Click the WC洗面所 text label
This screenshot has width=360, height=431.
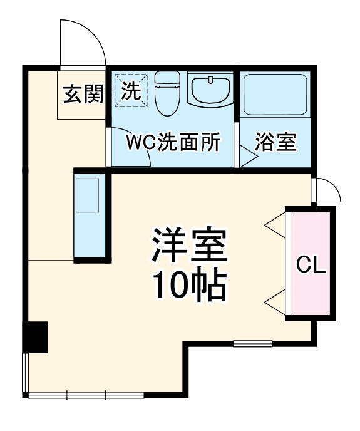click(173, 142)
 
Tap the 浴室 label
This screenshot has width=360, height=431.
click(275, 142)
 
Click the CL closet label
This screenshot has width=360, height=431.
click(311, 265)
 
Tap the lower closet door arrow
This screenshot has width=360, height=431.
click(274, 295)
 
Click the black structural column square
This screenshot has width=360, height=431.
click(35, 338)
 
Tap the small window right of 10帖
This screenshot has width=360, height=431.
click(253, 343)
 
